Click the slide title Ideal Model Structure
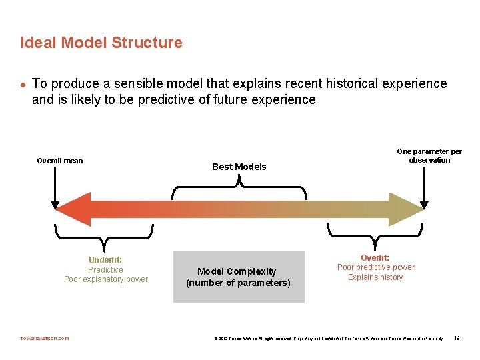tap(101, 43)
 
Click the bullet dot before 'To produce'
tap(23, 84)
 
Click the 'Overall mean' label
tap(60, 161)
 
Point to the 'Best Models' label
tap(239, 167)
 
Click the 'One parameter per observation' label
tap(429, 155)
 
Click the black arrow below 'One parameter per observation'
tap(423, 187)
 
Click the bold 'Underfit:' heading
tap(105, 260)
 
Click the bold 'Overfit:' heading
tap(375, 257)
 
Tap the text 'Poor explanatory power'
tap(106, 279)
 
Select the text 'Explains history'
tap(375, 277)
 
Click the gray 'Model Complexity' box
tap(239, 277)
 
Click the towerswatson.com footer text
tap(45, 338)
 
